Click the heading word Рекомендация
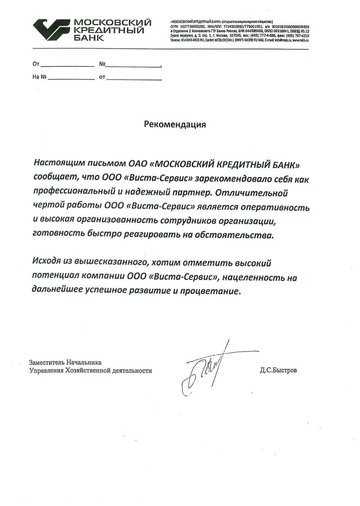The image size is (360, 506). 175,125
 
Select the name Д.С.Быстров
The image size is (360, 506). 278,370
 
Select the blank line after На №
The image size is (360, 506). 71,78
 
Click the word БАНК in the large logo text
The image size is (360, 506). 89,38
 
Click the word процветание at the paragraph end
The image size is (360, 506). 210,291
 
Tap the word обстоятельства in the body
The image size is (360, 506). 234,235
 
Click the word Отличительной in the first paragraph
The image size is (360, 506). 251,193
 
